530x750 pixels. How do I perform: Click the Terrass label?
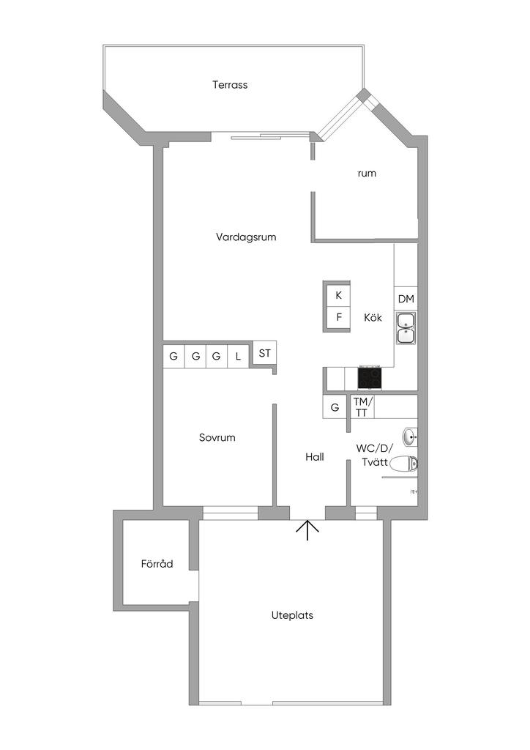(230, 85)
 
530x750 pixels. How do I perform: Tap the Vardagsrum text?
(246, 237)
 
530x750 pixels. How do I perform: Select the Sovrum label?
(217, 438)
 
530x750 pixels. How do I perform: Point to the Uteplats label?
(292, 615)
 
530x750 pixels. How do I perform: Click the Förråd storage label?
(157, 564)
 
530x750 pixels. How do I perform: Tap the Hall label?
(315, 457)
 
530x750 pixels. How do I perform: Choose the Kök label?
(373, 318)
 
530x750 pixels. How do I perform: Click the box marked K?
(338, 296)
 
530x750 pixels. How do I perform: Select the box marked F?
(338, 318)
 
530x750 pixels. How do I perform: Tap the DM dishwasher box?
(406, 299)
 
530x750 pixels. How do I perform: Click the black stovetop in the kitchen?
(369, 378)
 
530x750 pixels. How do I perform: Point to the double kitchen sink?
(406, 328)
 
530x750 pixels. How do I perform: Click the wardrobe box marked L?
(238, 357)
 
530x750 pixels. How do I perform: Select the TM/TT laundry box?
(362, 406)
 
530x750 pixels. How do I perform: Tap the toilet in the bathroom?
(403, 463)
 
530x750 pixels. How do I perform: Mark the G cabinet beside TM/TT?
(335, 407)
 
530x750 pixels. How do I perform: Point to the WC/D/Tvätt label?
(375, 455)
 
